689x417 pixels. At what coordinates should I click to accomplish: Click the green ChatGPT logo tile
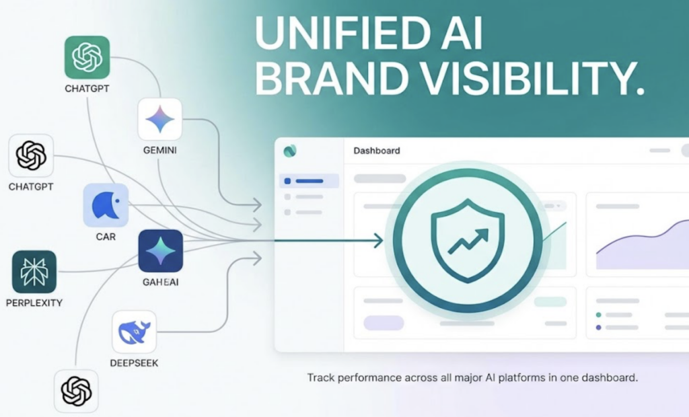click(x=87, y=58)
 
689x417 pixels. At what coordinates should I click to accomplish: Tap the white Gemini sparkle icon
click(x=160, y=120)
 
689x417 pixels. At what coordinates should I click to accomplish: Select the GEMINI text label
click(x=160, y=151)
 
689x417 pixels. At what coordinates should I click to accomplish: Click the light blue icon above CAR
click(x=106, y=205)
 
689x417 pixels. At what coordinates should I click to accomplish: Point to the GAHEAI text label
click(x=161, y=282)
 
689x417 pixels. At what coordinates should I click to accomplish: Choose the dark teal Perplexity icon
click(x=34, y=273)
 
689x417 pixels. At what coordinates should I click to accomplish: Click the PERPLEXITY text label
click(x=34, y=303)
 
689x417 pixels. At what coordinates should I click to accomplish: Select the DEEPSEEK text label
click(x=134, y=363)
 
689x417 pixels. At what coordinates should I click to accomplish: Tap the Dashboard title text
click(x=377, y=151)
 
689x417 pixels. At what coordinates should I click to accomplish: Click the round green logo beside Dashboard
click(x=291, y=151)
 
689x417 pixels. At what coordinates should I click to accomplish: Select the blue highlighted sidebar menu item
click(x=310, y=181)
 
